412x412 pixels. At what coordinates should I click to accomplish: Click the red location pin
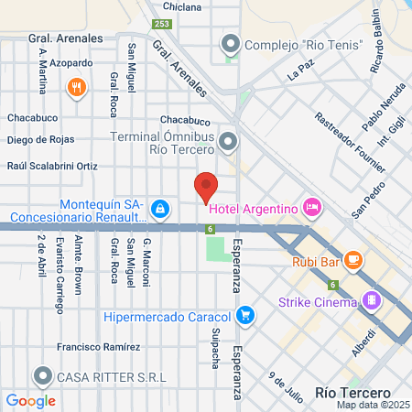tap(206, 187)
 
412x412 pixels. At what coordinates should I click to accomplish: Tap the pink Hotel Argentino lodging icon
tap(312, 208)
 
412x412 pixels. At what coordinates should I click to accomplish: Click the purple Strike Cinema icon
tap(371, 300)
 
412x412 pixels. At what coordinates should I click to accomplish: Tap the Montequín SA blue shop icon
tap(160, 210)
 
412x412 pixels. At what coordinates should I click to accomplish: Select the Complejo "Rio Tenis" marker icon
tap(229, 42)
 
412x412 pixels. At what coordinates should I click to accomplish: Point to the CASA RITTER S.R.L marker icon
tap(42, 375)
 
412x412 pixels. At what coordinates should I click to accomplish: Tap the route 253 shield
tap(161, 25)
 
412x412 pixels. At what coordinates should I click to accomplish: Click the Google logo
tap(30, 400)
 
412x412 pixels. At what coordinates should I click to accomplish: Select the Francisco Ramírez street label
tap(98, 347)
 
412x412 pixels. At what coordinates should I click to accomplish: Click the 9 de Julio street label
tap(285, 385)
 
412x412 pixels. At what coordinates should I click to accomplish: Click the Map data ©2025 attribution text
tap(372, 405)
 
